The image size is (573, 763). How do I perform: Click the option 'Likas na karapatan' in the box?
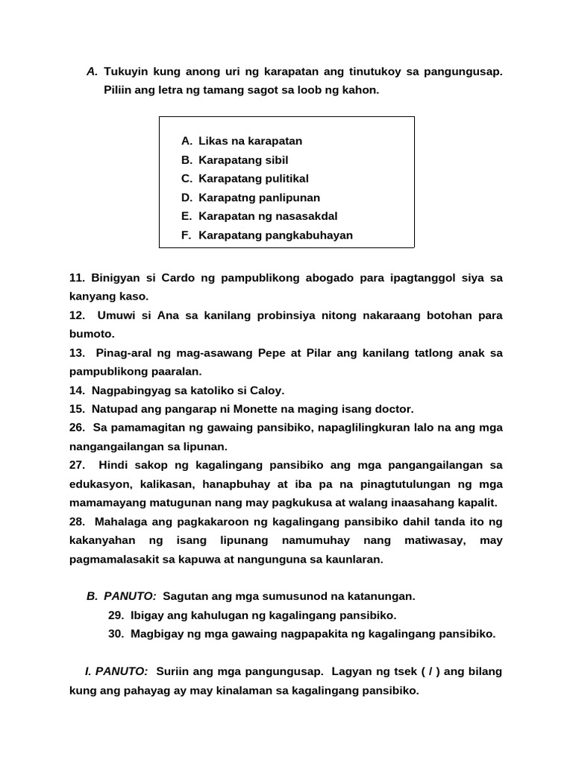coord(250,141)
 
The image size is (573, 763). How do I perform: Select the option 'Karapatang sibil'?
coord(243,160)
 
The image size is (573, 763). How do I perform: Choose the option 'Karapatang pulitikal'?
coord(253,179)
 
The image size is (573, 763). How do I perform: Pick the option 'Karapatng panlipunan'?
coord(259,197)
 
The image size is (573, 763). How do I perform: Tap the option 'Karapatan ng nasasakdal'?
coord(268,216)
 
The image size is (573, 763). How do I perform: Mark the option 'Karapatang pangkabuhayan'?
coord(275,235)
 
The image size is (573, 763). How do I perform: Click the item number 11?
coord(78,278)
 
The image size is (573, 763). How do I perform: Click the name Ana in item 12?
coord(168,315)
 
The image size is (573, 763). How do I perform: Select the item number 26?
coord(78,428)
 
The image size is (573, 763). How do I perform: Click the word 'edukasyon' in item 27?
coord(96,484)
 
